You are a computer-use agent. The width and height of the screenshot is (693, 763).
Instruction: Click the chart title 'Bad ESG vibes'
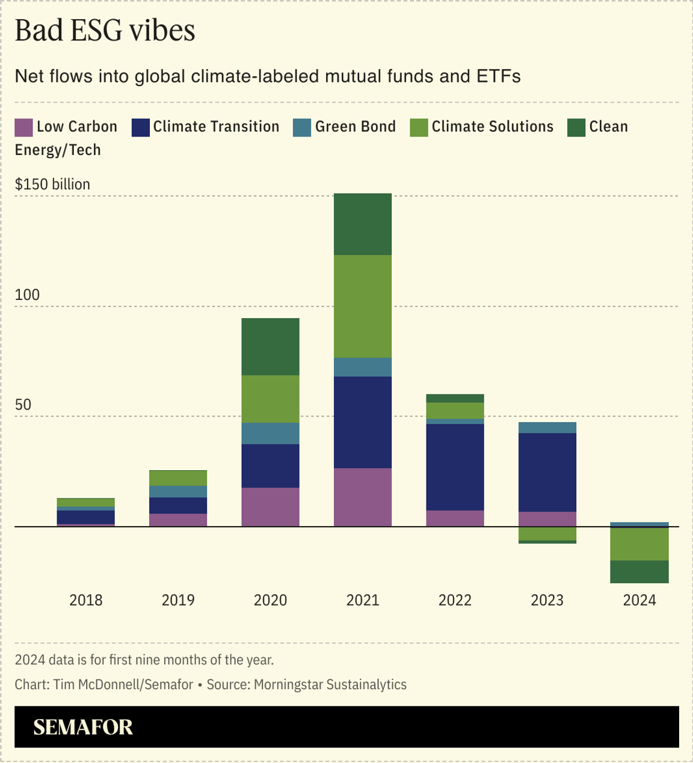[105, 30]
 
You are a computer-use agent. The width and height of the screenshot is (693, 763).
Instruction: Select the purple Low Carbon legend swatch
[23, 127]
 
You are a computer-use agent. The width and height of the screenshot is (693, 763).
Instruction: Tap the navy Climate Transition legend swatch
[140, 127]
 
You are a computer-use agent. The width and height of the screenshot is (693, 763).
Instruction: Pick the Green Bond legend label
[355, 127]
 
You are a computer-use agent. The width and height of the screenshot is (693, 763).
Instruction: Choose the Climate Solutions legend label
[492, 127]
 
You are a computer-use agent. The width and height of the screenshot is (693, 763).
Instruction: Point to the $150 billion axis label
[52, 184]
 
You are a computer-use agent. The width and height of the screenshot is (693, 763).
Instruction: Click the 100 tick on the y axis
[27, 295]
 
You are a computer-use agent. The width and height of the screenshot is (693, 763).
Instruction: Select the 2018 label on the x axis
[86, 600]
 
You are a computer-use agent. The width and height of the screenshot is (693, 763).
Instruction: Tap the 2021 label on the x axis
[363, 600]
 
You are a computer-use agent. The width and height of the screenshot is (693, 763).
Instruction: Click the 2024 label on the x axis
[639, 600]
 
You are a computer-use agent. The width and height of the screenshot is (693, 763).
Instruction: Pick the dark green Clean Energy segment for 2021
[363, 224]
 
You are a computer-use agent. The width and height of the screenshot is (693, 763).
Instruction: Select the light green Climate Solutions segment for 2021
[363, 306]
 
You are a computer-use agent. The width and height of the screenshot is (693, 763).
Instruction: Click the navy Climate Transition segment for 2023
[547, 472]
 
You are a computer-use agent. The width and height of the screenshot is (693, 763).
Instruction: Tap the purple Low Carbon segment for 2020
[271, 507]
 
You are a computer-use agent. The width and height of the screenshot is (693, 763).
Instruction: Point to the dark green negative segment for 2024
[639, 571]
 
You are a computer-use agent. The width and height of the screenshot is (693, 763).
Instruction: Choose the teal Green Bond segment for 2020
[271, 434]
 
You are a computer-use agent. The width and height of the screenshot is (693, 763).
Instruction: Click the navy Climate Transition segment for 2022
[455, 467]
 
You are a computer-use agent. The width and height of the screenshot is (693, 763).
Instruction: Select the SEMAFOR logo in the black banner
[83, 727]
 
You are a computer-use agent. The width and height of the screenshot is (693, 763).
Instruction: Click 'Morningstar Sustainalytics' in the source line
[330, 684]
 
